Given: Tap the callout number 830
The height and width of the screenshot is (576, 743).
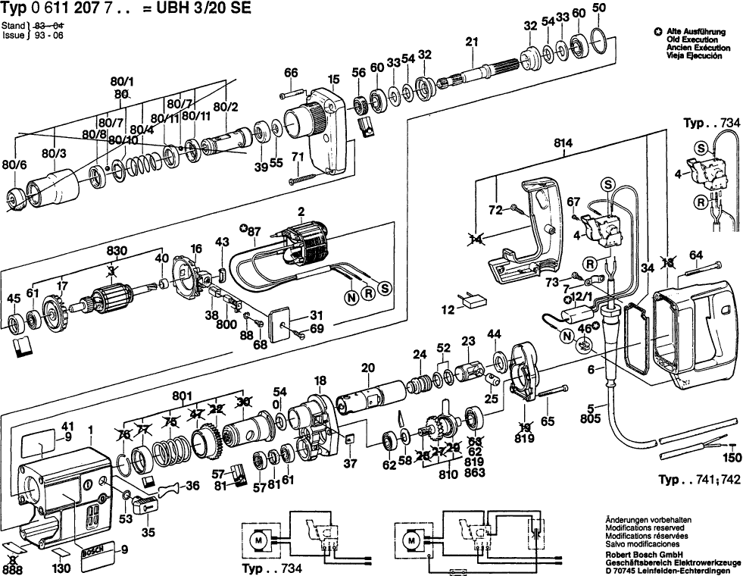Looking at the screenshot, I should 116,251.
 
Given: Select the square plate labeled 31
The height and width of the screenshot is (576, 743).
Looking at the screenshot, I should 284,321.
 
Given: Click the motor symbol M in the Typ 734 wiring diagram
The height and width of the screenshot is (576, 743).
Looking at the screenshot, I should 259,540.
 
